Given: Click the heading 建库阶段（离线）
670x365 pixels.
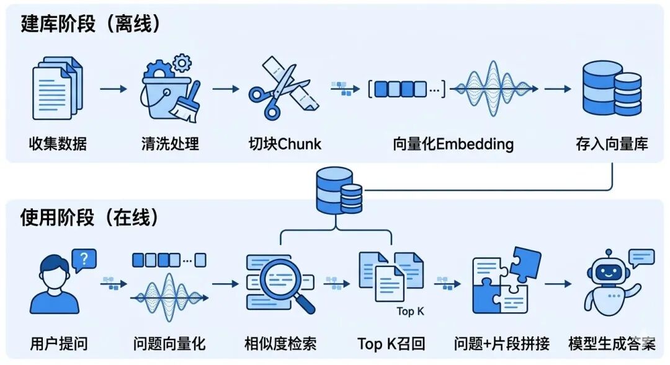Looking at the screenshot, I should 91,24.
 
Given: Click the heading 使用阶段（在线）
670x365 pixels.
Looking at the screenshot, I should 91,218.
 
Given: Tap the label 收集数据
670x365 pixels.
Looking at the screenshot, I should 58,144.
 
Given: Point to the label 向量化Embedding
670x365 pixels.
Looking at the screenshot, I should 453,144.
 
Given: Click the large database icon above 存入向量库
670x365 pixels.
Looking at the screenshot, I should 611,88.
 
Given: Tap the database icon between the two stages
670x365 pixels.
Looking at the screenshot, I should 339,191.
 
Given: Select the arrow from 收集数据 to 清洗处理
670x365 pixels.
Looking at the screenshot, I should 114,89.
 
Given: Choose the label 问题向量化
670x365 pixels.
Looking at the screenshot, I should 169,343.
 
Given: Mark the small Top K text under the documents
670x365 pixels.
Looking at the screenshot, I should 410,311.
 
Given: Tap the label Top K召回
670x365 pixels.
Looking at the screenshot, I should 391,343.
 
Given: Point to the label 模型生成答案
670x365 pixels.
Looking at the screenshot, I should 612,343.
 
